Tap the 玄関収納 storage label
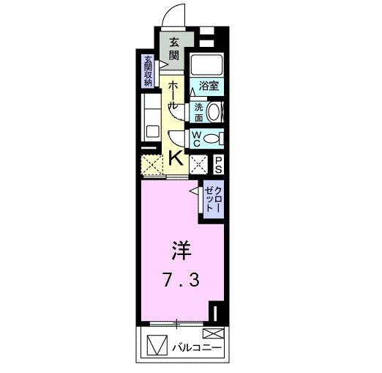(148, 71)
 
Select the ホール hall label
(174, 96)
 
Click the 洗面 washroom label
(198, 111)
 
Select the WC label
(198, 138)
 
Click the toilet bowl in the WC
(213, 138)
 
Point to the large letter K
(176, 157)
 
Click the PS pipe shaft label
(218, 165)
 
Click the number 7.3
(180, 280)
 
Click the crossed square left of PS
(198, 165)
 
